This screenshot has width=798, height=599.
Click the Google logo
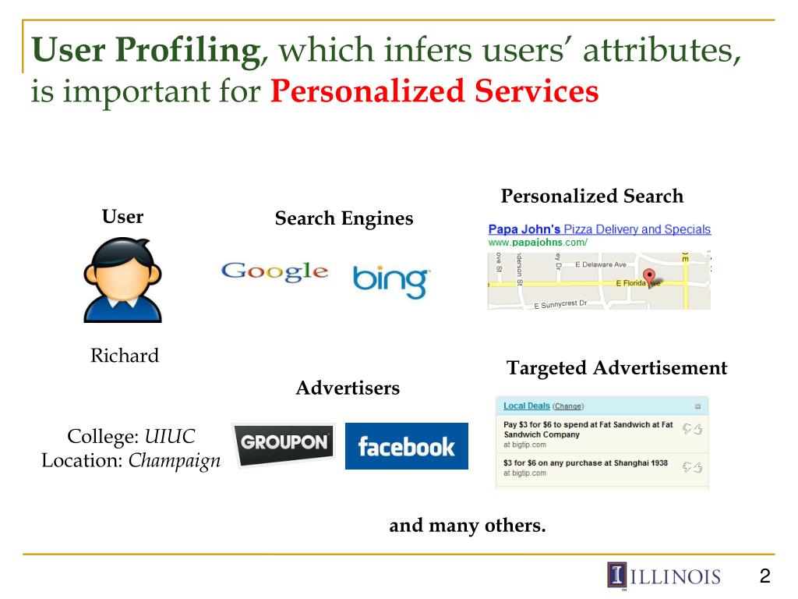[274, 271]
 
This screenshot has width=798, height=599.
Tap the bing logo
[390, 281]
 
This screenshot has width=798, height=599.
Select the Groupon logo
[284, 444]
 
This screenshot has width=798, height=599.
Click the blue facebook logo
[406, 446]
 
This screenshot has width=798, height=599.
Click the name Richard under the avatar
[125, 356]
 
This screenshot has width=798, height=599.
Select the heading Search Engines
[344, 218]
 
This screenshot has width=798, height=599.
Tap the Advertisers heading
[348, 388]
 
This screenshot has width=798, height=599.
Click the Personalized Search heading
[591, 197]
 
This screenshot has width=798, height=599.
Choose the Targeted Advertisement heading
[616, 368]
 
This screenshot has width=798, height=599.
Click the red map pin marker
[650, 277]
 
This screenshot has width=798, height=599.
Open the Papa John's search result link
[598, 229]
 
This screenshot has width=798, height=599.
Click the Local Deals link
[526, 406]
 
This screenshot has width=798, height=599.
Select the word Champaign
[175, 460]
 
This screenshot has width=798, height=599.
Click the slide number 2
[764, 576]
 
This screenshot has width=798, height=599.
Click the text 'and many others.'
[468, 526]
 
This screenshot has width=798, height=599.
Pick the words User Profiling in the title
[145, 51]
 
